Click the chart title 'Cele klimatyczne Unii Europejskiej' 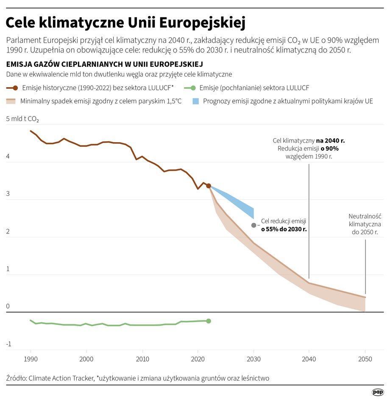pos(126,22)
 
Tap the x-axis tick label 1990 pos(31,359)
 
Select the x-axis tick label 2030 pos(253,359)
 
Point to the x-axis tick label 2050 pos(365,359)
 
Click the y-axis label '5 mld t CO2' pos(22,119)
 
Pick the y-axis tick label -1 pos(8,344)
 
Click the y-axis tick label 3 pos(8,194)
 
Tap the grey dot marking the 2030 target pos(253,225)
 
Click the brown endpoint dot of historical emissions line pos(209,186)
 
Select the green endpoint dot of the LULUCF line pos(209,321)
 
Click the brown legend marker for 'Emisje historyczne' pos(15,88)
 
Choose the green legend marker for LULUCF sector pos(193,88)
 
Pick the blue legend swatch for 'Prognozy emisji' pos(195,102)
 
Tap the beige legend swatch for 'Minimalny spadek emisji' pos(11,102)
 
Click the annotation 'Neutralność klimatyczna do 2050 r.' pos(365,223)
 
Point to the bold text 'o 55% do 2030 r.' pos(284,229)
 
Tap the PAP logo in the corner pos(378,392)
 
